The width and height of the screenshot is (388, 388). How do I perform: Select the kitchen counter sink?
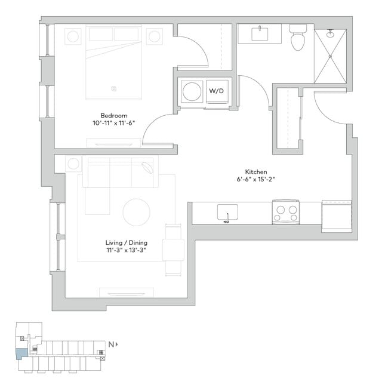click(x=227, y=213)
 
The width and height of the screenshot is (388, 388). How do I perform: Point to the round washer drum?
click(x=192, y=92)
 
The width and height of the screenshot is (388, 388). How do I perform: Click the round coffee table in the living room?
click(x=137, y=212)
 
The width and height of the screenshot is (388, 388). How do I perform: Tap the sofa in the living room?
click(x=119, y=173)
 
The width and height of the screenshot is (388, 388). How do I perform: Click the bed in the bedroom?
click(x=113, y=63)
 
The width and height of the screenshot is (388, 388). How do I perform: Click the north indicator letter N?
click(x=111, y=344)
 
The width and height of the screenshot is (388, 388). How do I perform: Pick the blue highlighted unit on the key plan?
click(x=21, y=353)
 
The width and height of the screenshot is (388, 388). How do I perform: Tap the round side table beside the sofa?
click(x=74, y=164)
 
